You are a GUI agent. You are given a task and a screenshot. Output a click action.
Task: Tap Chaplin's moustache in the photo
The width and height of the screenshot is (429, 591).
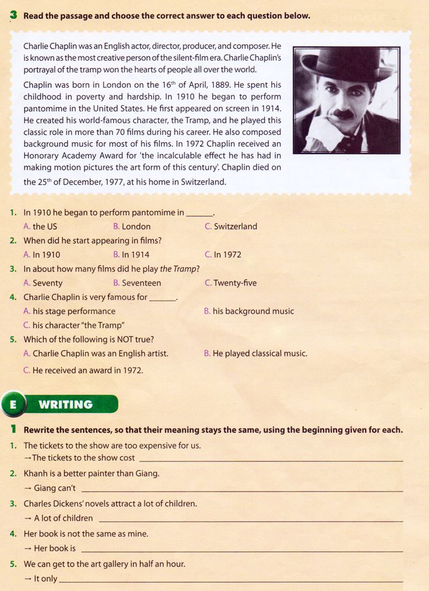pos(343,114)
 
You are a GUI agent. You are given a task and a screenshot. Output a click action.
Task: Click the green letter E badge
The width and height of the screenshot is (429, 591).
pos(13,404)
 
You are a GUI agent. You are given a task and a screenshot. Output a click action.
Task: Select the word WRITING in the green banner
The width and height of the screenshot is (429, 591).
pos(66,404)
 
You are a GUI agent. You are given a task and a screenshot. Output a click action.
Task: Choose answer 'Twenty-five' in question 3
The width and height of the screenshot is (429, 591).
pos(235,283)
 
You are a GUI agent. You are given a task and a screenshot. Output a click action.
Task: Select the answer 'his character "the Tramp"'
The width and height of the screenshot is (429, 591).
pos(73,325)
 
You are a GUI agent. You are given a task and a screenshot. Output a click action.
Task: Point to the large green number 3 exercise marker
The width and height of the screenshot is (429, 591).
pos(13,15)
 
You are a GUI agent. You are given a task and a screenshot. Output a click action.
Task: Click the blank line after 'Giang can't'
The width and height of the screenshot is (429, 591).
pos(242,489)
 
